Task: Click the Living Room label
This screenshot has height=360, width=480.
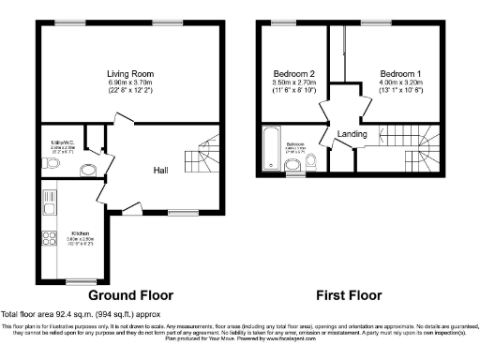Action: (x=129, y=73)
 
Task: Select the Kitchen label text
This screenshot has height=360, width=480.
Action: (x=81, y=232)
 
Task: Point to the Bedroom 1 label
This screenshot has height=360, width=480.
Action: (x=399, y=73)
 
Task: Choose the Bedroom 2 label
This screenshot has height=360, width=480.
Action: (x=293, y=73)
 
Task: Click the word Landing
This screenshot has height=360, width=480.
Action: (x=352, y=133)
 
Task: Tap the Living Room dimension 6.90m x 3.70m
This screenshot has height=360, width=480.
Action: (x=129, y=84)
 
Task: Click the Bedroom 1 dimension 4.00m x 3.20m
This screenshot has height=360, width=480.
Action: (x=399, y=84)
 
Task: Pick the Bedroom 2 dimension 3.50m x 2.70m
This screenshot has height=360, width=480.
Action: (x=293, y=84)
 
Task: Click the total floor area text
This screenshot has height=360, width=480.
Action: (x=73, y=312)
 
